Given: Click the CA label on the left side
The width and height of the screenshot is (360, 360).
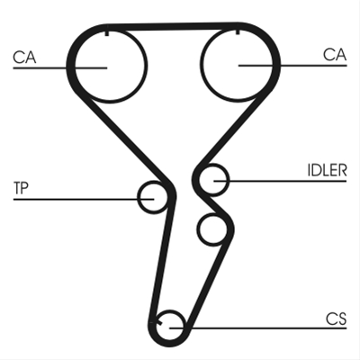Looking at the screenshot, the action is (24, 57).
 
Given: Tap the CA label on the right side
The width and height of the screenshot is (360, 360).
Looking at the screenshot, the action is (335, 55).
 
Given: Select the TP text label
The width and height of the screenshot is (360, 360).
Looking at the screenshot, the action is (21, 188).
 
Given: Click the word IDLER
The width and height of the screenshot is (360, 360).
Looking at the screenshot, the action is (327, 170).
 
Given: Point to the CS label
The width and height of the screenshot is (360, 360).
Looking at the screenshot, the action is (337, 319).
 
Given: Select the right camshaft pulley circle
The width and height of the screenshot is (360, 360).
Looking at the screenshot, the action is (201, 66).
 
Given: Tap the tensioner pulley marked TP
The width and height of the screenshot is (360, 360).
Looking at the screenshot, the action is (138, 197).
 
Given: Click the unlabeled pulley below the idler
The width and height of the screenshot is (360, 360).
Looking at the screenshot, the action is (198, 229).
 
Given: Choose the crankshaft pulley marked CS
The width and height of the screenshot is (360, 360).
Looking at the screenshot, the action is (170, 311).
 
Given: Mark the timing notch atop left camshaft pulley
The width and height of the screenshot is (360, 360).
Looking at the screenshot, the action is (107, 33).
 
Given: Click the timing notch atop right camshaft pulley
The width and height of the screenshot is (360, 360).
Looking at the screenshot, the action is (238, 31).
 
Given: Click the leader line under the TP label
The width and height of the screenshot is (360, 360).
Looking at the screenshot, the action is (84, 199).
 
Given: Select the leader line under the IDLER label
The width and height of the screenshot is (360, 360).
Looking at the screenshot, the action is (280, 181).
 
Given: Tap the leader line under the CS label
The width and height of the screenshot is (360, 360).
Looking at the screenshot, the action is (258, 328).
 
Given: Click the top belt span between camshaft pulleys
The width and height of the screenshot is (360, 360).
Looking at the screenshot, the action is (173, 26).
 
